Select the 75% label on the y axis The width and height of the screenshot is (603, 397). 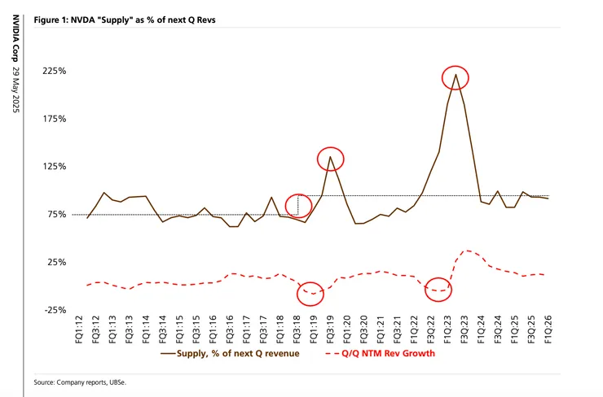[56, 215]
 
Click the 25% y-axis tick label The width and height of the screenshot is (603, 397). [56, 262]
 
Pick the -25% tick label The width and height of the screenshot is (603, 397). [55, 310]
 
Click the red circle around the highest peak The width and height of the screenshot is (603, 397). [456, 77]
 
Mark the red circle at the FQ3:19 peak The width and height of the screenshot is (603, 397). [330, 158]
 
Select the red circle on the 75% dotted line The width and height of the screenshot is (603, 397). [299, 206]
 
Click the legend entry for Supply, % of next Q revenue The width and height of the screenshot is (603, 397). [233, 354]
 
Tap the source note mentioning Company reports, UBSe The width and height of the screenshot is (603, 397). [81, 381]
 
